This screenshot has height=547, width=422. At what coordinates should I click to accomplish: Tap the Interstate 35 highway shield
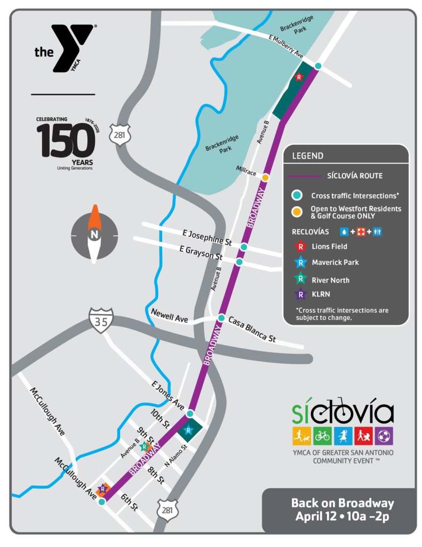(101, 320)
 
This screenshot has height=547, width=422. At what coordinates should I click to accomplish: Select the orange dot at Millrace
(265, 177)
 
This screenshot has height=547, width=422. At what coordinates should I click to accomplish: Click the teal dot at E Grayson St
(240, 262)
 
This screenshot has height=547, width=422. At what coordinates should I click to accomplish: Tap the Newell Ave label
(170, 316)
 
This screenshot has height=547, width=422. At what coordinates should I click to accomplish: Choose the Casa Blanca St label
(252, 330)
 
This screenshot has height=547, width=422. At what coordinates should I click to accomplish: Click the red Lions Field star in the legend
(301, 246)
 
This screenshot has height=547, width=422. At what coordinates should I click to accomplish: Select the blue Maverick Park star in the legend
(301, 262)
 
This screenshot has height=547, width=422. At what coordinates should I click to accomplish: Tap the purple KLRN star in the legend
(301, 294)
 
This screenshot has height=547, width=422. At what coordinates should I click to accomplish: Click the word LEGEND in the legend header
(307, 156)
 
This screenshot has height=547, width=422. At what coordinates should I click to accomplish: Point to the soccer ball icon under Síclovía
(384, 436)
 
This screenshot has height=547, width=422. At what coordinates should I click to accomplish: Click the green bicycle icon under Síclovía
(322, 436)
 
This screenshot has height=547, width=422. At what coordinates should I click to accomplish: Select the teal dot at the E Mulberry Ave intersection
(318, 66)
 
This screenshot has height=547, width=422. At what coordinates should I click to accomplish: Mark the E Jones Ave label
(168, 395)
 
